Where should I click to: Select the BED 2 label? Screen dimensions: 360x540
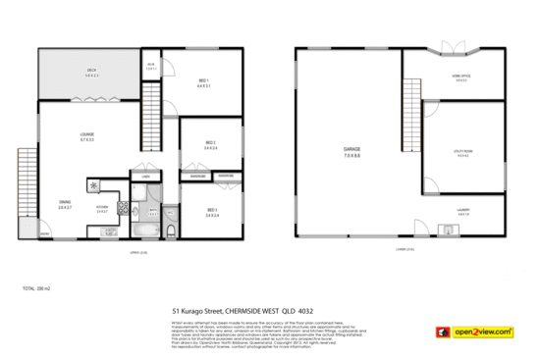point(210,143)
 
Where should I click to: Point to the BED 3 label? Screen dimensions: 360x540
point(212,210)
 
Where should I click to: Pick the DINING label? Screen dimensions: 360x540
point(65,203)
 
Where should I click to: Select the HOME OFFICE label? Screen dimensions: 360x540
point(460,79)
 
